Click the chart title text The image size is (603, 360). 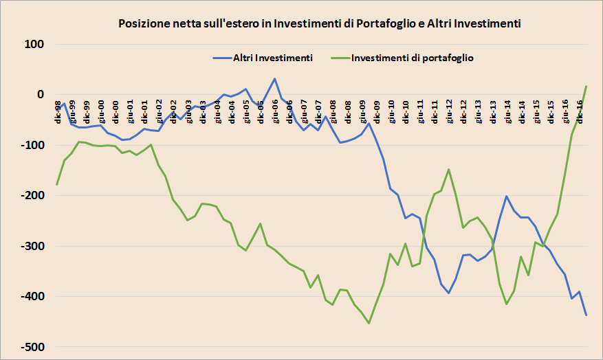point(320,23)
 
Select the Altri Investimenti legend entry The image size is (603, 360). point(273,58)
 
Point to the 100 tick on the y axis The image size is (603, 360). point(34,45)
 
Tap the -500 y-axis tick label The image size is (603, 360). point(31,347)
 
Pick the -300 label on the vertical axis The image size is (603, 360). point(31,246)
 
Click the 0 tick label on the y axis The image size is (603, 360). point(40,95)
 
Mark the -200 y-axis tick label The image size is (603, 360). point(31,196)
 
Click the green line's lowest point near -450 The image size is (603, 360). point(369,323)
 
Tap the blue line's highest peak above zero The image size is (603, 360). point(275,79)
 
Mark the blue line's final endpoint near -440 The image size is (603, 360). point(586,315)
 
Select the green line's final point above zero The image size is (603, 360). point(586,86)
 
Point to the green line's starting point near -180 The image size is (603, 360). point(57,185)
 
